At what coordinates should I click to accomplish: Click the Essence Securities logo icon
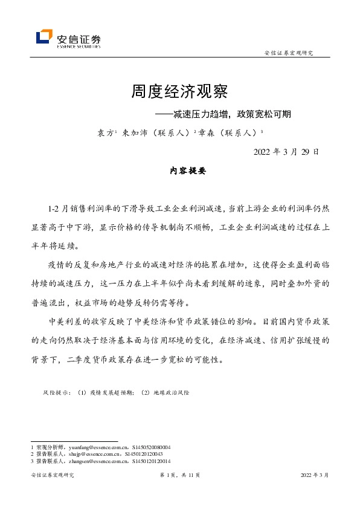tap(44, 37)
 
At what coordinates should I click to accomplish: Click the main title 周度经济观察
tap(179, 92)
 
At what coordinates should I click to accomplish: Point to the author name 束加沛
tap(133, 132)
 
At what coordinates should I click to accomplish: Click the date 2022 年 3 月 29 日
tap(285, 152)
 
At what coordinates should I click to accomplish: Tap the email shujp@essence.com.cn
tap(86, 454)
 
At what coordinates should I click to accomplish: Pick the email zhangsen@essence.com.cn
tap(91, 461)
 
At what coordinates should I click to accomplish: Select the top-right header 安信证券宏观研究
tap(289, 53)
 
